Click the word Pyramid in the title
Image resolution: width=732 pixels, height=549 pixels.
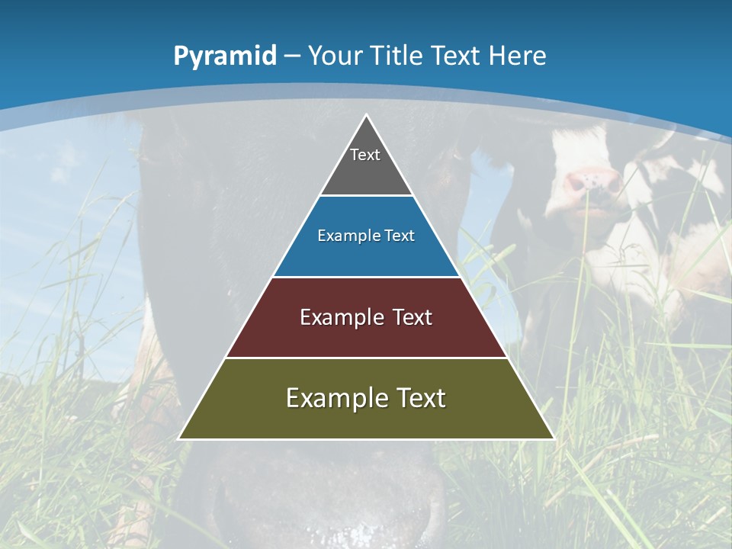pos(224,56)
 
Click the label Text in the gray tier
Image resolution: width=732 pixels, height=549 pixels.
pos(365,155)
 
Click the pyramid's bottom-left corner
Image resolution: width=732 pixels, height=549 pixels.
pos(180,438)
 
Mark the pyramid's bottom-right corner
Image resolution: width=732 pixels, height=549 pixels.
pos(553,438)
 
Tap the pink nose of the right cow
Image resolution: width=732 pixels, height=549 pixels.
pos(592,181)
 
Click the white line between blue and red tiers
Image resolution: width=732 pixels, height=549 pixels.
pos(366,277)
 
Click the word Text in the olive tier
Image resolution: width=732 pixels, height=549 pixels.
pos(418,398)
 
